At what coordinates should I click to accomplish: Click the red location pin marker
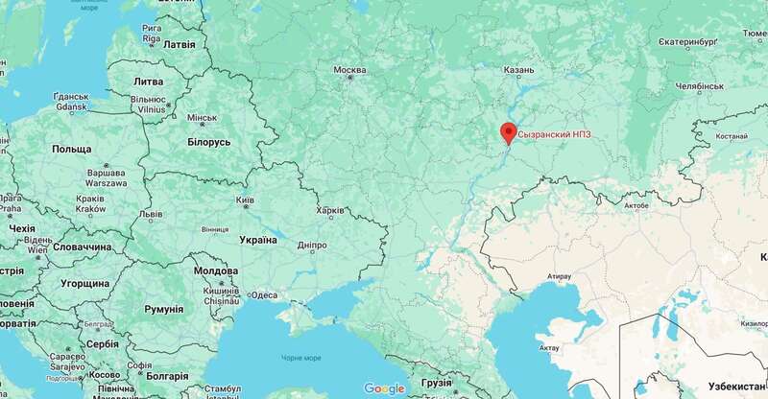coord(509,133)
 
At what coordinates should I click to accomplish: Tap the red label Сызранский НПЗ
coord(552,135)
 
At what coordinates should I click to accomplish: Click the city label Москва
coord(349,70)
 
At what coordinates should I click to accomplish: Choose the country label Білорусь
coord(203,142)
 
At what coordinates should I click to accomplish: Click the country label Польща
coord(71,151)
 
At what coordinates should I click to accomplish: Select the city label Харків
coord(331,211)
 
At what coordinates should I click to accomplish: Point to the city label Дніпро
coord(312,246)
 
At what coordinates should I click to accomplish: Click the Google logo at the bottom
coord(384,388)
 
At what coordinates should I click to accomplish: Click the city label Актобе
coord(636,205)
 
